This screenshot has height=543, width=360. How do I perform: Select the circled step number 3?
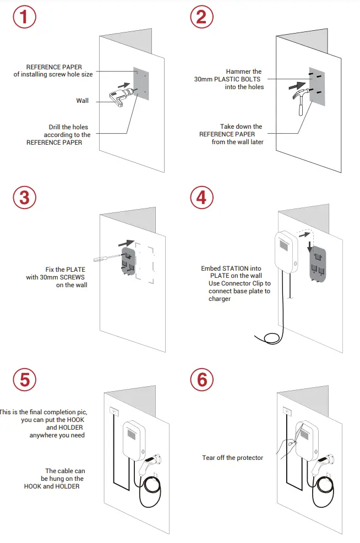point(24,198)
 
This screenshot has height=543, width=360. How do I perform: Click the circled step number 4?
point(202,198)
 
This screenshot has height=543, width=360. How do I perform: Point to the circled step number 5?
point(24,379)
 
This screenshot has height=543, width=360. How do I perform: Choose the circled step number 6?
point(202,379)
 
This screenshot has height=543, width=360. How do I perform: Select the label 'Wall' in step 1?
point(82,101)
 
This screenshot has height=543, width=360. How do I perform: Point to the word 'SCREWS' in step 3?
point(71,277)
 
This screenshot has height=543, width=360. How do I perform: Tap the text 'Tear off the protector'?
point(232,458)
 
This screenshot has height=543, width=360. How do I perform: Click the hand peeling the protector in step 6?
point(285,449)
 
